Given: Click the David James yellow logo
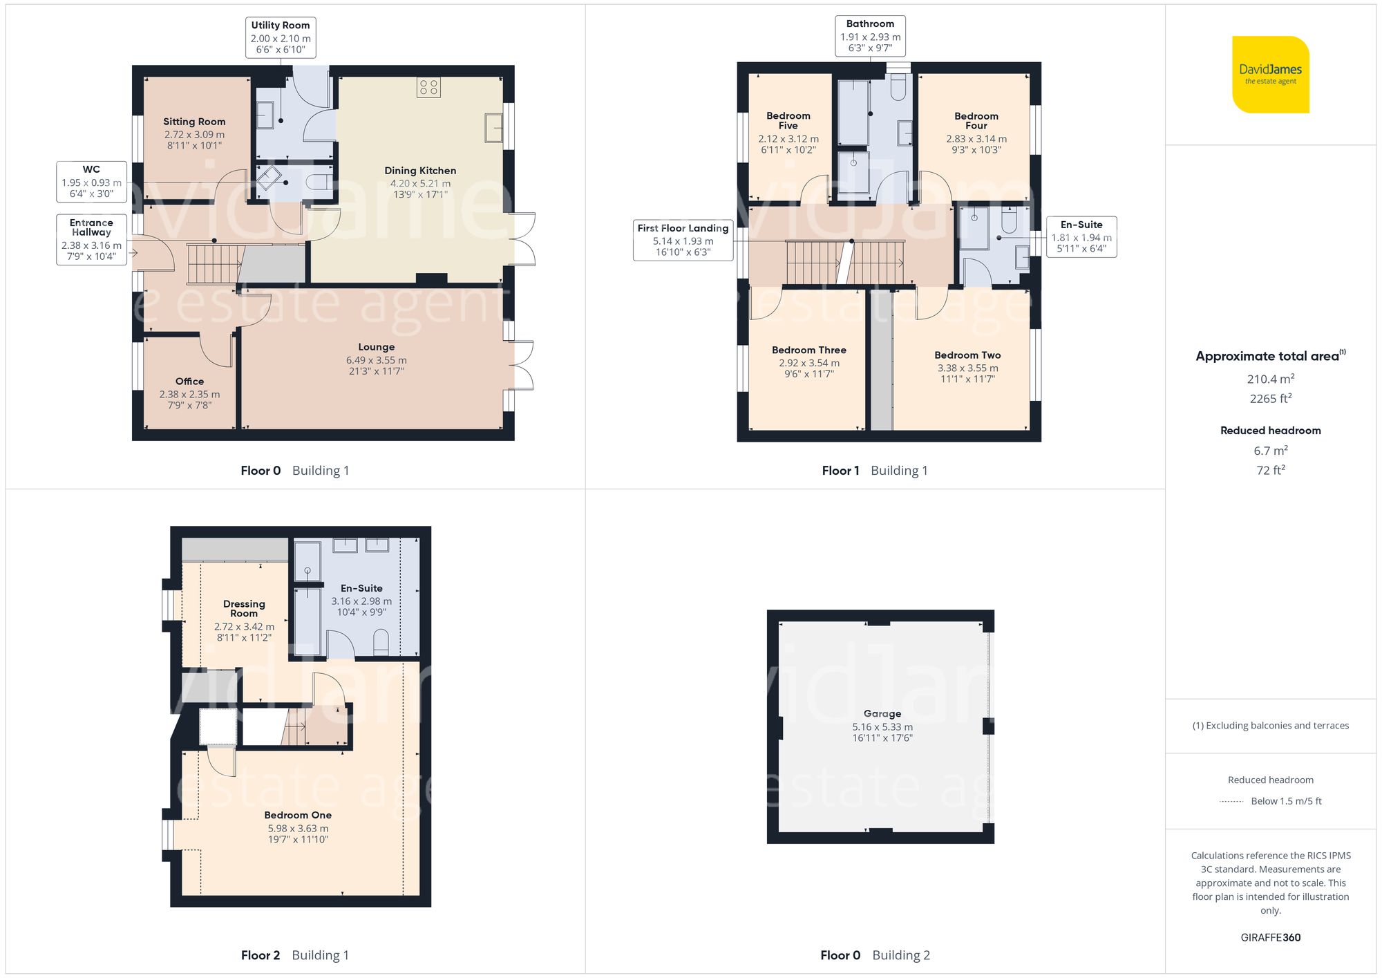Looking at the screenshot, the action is [1271, 75].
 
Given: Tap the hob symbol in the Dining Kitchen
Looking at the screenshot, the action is [428, 87].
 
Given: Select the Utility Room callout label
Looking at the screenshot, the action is [281, 37].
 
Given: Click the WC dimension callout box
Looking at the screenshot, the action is [92, 182].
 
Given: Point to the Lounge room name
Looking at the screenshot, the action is [377, 347].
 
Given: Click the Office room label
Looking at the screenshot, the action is [189, 382].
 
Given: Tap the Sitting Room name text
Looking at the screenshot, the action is [194, 122].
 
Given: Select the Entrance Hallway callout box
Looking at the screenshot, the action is [92, 240].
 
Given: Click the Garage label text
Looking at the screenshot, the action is [882, 714].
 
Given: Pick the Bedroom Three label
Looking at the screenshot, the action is [809, 350].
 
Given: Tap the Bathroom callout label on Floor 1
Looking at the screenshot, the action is [871, 36].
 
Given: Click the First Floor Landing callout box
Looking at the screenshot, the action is [683, 240].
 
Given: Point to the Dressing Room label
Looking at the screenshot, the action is [244, 609].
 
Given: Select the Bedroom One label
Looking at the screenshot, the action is [298, 816].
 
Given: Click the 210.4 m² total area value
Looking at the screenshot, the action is [1271, 379].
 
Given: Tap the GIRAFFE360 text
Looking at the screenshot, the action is [1271, 938].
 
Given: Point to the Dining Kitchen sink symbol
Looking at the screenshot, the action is [493, 128].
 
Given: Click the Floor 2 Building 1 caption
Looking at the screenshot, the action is [295, 955].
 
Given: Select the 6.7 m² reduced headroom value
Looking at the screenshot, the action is [1271, 451].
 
